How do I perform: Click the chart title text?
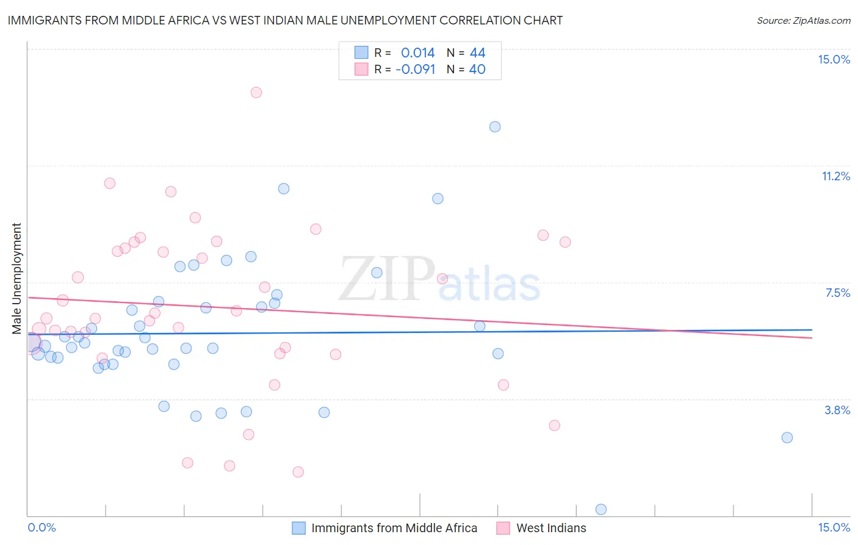(x=285, y=20)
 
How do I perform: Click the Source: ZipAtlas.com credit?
(x=803, y=20)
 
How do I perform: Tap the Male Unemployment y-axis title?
(x=16, y=278)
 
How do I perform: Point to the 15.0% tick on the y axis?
(x=834, y=59)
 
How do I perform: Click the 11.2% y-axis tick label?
(x=835, y=176)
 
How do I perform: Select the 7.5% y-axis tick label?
(x=837, y=293)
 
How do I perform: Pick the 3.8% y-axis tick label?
(x=837, y=410)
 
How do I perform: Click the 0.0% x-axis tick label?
(x=42, y=527)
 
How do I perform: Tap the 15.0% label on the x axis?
(x=834, y=527)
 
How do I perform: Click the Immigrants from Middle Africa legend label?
(x=394, y=528)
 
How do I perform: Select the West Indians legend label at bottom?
(x=551, y=528)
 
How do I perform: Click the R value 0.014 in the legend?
(x=417, y=53)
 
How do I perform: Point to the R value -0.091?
(x=415, y=69)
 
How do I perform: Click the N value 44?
(x=477, y=53)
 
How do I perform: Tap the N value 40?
(x=477, y=69)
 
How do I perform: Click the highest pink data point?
(x=256, y=92)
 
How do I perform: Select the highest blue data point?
(x=495, y=126)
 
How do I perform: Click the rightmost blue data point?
(x=787, y=437)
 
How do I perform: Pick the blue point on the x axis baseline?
(x=601, y=510)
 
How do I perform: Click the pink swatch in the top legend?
(x=362, y=69)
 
